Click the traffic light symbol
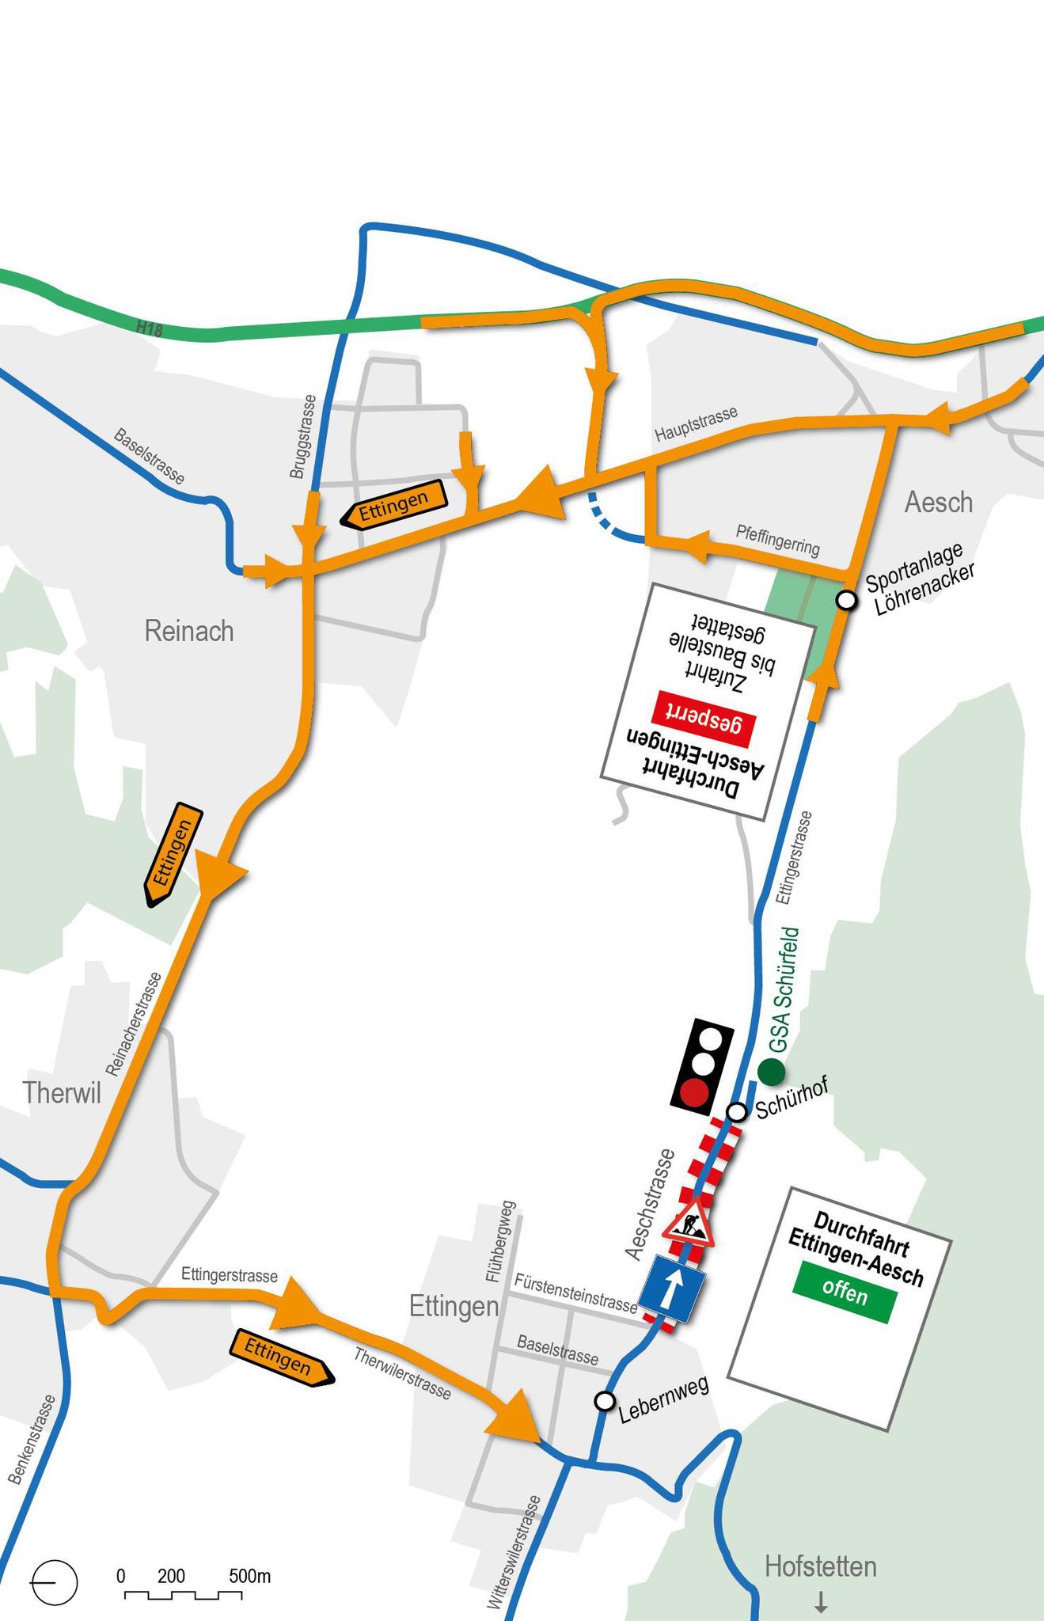coord(702,1066)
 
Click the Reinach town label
coord(189,631)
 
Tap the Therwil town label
coord(62,1092)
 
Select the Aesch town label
coord(938,502)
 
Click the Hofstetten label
coord(821,1566)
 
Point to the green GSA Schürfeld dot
coord(771,1072)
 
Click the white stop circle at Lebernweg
coord(605,1401)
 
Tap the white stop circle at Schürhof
coord(737,1112)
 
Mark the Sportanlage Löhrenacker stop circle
coord(847,600)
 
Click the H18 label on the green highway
coord(149,328)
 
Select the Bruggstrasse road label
coord(302,437)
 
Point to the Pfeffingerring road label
coord(777,539)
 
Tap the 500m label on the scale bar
coord(250,1576)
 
